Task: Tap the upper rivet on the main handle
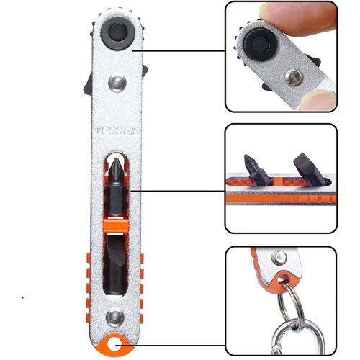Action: [115, 87]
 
